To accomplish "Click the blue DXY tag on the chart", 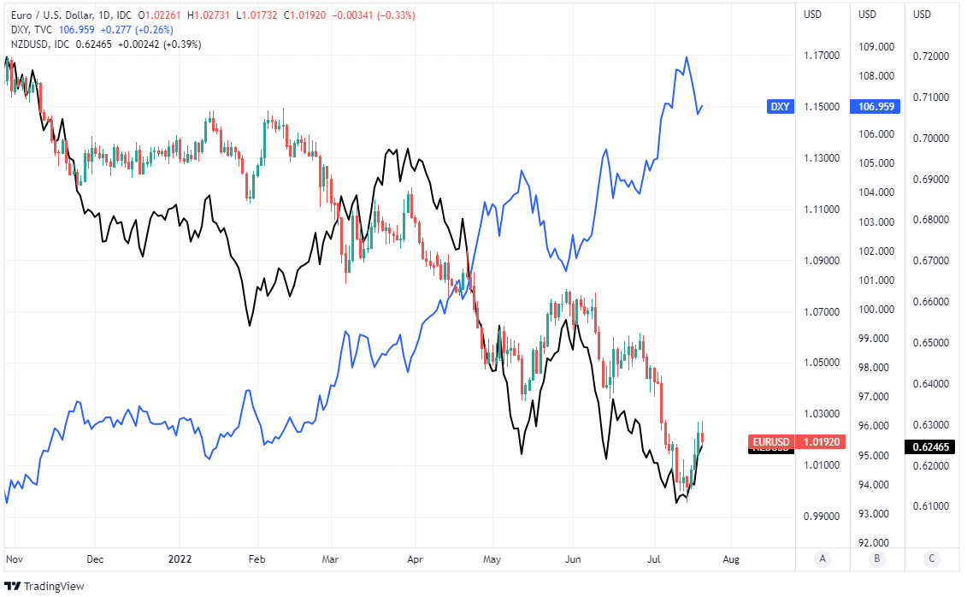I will coord(780,107).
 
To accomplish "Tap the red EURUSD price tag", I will coord(771,442).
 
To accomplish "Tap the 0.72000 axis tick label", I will coord(933,56).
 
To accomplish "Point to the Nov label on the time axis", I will coord(14,559).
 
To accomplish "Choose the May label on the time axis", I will coord(492,559).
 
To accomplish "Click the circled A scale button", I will coord(823,559).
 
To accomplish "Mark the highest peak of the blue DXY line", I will coord(687,57).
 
